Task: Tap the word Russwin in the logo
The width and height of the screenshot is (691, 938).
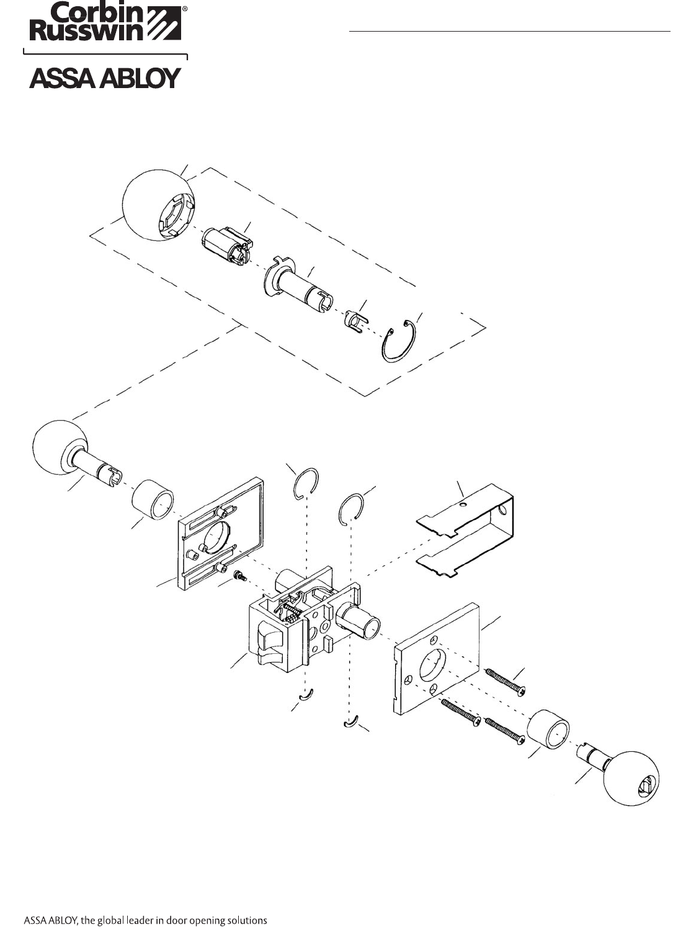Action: click(87, 30)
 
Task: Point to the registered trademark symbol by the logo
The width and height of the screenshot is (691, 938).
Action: click(185, 9)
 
